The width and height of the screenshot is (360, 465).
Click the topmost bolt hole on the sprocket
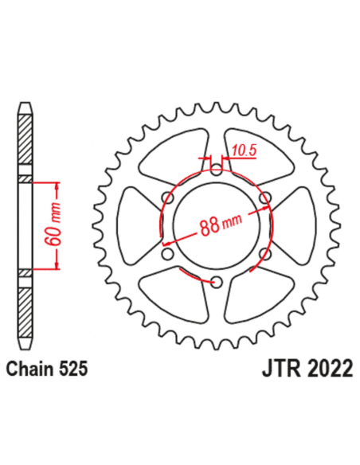[x=217, y=168]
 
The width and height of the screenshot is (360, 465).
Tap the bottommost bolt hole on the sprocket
[x=217, y=279]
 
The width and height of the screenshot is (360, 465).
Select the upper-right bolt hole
[x=265, y=197]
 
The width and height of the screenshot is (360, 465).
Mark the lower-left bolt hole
[x=168, y=252]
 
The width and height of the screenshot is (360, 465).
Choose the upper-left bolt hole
[x=168, y=197]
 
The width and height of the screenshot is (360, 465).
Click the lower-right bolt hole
[x=265, y=252]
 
